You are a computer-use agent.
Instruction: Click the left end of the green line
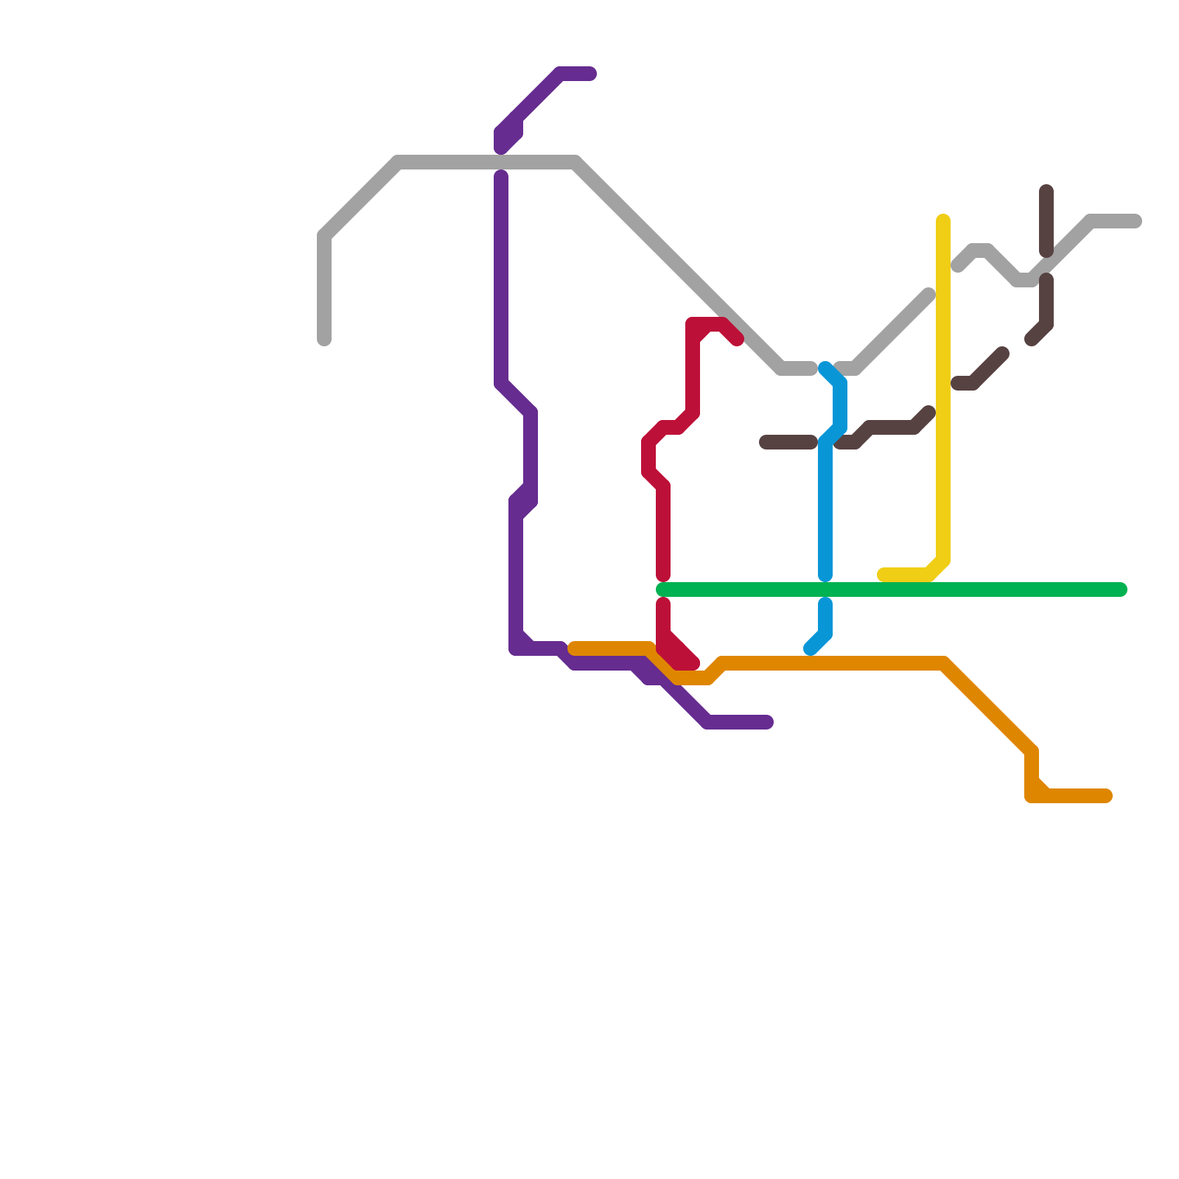click(662, 589)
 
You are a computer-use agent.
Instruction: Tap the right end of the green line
click(1122, 589)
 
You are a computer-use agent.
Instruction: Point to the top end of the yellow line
click(943, 220)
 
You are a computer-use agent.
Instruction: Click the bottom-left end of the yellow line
click(883, 575)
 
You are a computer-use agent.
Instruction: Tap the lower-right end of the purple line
click(768, 722)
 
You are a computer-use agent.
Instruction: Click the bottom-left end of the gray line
click(324, 340)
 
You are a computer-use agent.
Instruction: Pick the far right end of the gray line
click(1136, 221)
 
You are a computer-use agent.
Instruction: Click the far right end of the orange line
click(1106, 796)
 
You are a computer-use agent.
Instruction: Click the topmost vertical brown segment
click(1046, 221)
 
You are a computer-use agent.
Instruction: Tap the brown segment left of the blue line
click(788, 442)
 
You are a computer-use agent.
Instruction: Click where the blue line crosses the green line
click(825, 589)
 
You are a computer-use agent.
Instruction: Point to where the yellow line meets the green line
click(936, 578)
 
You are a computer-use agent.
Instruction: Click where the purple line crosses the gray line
click(501, 162)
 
